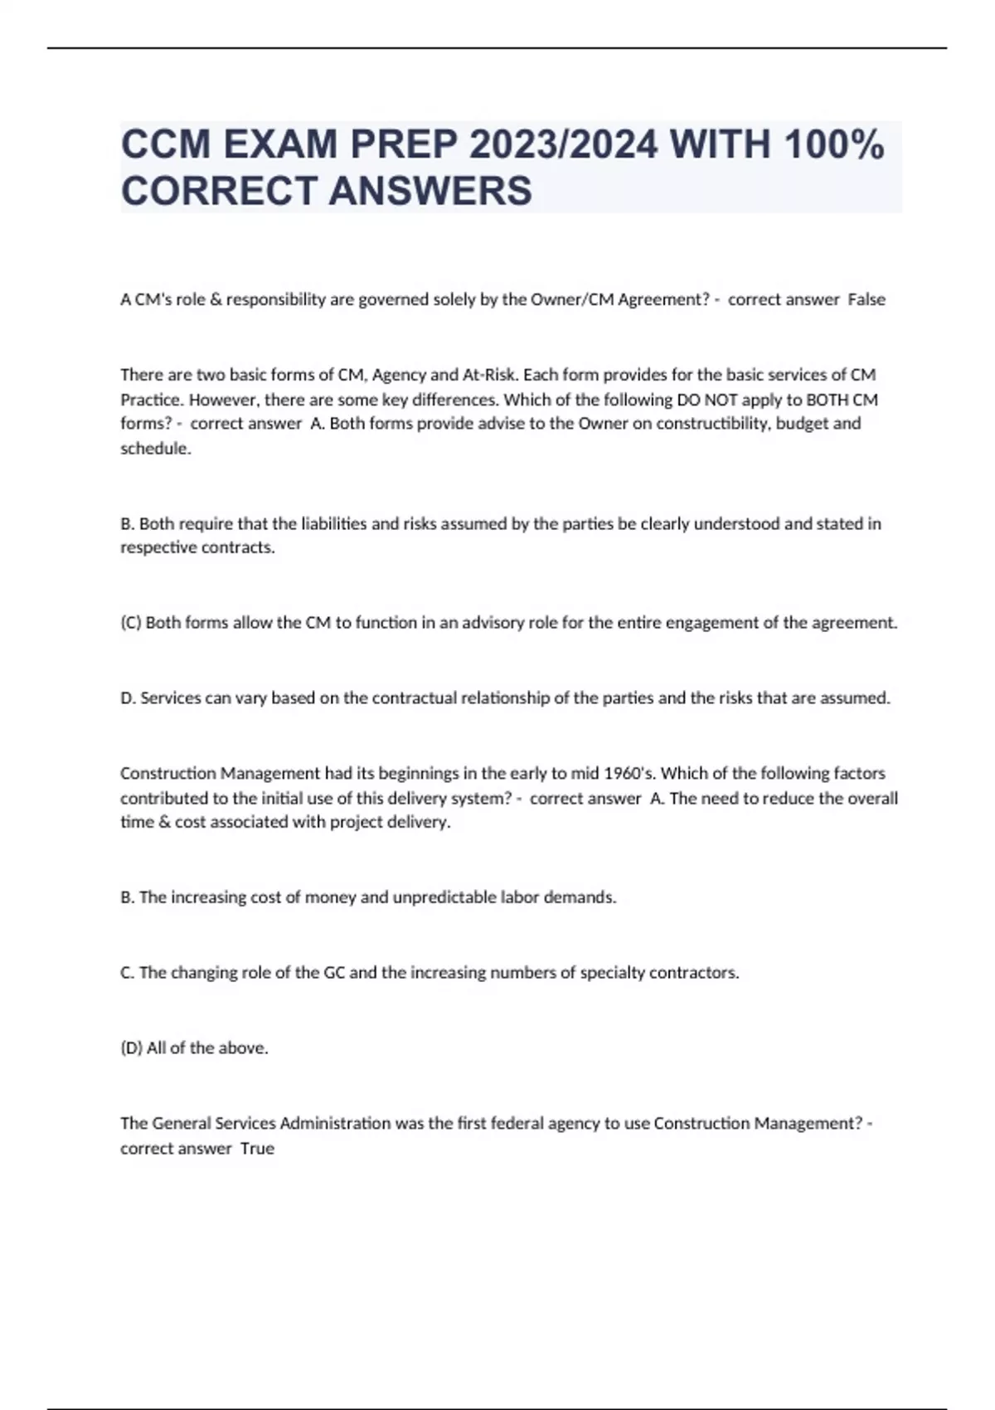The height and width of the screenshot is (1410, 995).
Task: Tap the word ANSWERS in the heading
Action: point(430,191)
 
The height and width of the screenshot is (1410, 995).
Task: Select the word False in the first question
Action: point(866,299)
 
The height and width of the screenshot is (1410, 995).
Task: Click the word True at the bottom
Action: point(257,1149)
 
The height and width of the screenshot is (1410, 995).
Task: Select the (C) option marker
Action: point(131,623)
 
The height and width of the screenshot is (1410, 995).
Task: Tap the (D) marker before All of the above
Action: point(131,1048)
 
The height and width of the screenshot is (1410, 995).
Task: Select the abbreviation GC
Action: point(334,973)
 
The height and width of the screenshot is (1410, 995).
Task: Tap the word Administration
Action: point(336,1124)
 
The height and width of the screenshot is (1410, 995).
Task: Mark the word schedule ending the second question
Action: point(154,449)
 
